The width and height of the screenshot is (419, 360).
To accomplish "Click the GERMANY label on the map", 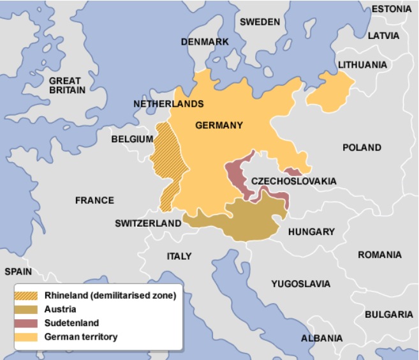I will coord(219,125).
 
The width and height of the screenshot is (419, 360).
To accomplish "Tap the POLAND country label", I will coord(362,147).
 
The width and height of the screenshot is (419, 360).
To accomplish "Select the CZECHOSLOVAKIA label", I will coord(293,181).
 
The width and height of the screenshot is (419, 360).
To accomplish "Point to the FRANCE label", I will coord(94,200).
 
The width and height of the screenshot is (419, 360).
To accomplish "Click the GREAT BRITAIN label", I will coord(65,86).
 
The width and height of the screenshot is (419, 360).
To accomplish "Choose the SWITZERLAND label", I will coord(148,223).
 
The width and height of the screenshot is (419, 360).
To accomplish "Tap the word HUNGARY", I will coord(311,232).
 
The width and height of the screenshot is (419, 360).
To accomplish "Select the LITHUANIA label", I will coord(362,64).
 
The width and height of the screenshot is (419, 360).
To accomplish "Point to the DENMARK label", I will coord(204,41).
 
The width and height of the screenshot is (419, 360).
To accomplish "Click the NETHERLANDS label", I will coord(168,103).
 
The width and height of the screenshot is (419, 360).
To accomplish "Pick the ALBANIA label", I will coord(322,338).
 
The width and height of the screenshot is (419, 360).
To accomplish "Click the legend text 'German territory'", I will coord(81,336).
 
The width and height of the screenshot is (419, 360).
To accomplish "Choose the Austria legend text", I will coord(60,310).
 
